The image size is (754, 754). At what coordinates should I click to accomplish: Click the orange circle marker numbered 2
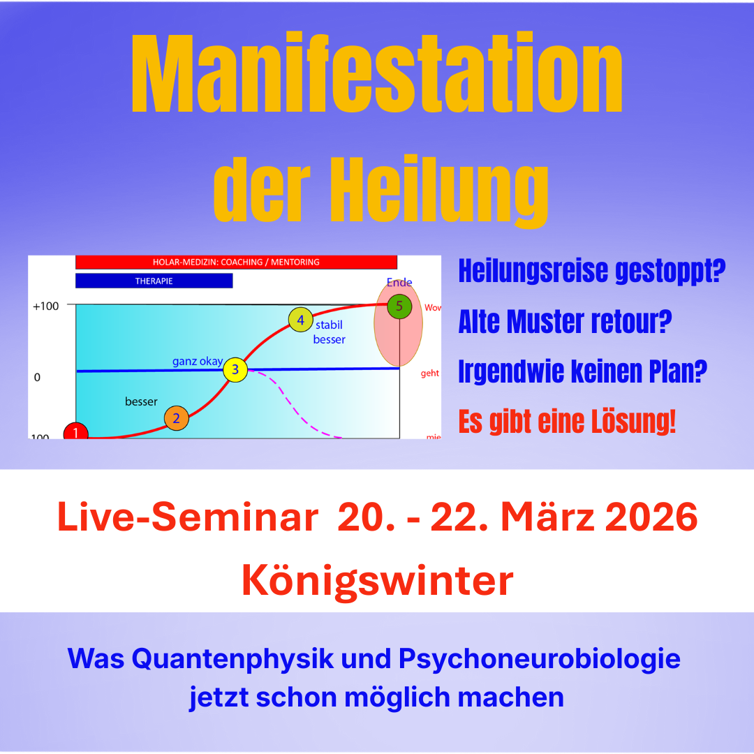177,418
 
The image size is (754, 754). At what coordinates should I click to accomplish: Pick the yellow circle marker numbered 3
235,370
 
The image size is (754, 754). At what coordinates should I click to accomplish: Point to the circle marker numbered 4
300,320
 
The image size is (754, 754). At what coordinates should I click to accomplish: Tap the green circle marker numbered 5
399,306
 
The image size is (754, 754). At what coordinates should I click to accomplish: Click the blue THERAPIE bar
154,281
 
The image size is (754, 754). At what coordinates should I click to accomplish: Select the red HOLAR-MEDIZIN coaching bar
236,262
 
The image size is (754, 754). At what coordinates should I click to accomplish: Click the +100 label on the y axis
45,306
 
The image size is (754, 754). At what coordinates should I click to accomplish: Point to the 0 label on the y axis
37,377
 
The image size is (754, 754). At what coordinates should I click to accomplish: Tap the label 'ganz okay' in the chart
198,362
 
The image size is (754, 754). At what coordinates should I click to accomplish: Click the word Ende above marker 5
399,283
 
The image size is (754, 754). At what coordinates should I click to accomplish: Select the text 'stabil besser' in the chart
330,332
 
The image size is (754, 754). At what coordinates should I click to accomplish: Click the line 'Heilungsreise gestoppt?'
592,271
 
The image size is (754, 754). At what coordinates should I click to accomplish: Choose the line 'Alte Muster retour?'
565,322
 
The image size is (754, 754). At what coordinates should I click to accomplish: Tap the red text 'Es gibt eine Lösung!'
567,422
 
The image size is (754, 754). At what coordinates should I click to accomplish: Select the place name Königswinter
377,579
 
